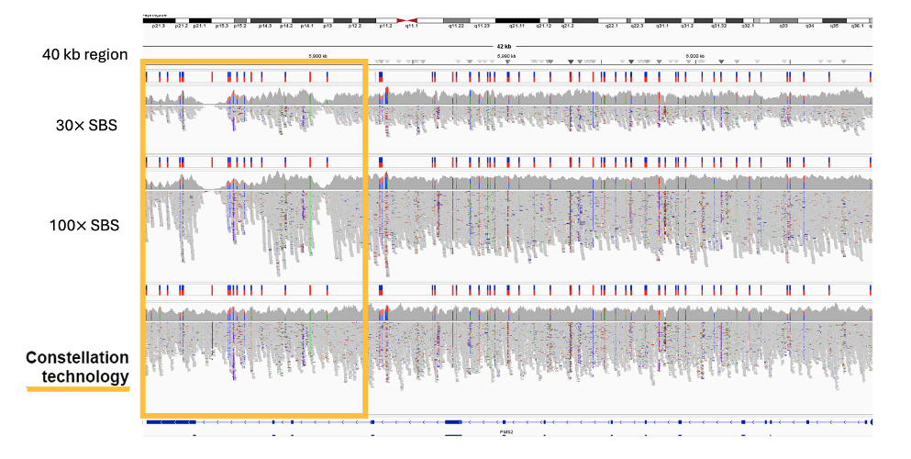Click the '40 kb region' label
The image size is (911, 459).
pos(84,55)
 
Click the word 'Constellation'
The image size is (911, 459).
pos(77,357)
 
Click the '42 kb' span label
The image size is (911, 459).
pos(504,46)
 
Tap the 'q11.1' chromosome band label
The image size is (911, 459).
pos(412,28)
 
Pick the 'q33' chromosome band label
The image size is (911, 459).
pos(783,28)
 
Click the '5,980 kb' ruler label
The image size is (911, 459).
pos(317,57)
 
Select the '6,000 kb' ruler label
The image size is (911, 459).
pos(695,57)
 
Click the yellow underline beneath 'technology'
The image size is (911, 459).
pos(78,389)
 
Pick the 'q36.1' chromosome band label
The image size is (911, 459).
pos(857,28)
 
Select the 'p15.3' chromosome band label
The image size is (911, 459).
pos(221,28)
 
